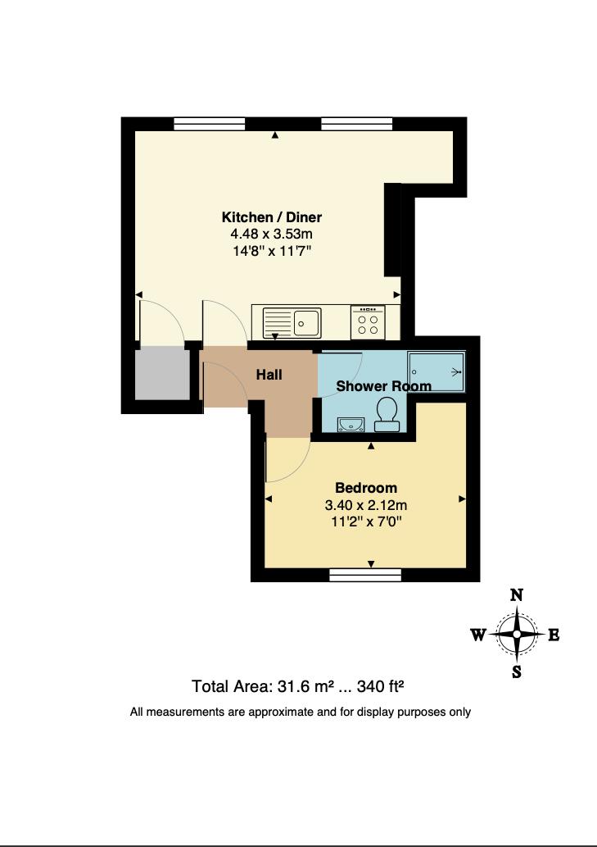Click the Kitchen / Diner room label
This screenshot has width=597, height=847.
(x=272, y=217)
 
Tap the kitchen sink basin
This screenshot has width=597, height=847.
(x=307, y=322)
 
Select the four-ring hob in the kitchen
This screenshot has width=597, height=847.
(x=368, y=322)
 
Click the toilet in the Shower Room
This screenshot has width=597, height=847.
(x=387, y=413)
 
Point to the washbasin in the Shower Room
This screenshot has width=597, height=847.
(x=351, y=423)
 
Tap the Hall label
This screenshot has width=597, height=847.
(x=269, y=375)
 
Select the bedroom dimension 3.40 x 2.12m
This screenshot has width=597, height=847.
(x=366, y=504)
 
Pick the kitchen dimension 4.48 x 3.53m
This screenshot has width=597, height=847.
(x=272, y=235)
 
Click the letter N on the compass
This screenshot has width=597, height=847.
(x=517, y=596)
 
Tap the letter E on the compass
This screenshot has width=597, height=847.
(x=554, y=635)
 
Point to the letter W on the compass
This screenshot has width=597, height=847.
(x=479, y=635)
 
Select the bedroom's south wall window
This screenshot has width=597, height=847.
(x=365, y=575)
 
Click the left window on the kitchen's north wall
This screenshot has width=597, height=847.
(x=210, y=124)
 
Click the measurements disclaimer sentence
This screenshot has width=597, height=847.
(x=300, y=712)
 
